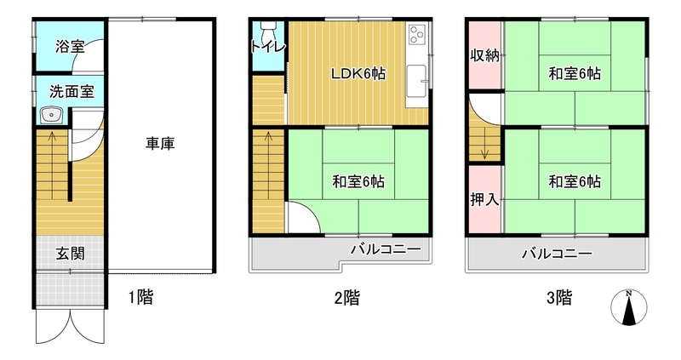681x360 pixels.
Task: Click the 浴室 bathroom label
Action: (x=70, y=47)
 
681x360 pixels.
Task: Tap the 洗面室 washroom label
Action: (x=72, y=92)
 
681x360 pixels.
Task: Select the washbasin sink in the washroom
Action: (x=52, y=116)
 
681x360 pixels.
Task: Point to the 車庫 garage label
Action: (x=160, y=143)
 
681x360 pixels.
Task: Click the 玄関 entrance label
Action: (x=70, y=254)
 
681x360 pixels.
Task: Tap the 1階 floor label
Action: (x=140, y=298)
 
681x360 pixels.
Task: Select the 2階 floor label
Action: (x=347, y=298)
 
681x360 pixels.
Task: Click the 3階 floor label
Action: (x=559, y=298)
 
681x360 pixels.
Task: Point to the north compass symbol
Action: (x=628, y=307)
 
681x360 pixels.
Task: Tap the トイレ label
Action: (x=269, y=47)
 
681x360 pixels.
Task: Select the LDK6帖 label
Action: (x=358, y=74)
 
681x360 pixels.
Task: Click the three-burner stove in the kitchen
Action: (x=417, y=34)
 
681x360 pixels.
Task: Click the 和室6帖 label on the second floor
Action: (x=358, y=181)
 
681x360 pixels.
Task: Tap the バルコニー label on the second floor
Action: (x=386, y=249)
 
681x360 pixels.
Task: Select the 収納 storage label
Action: (x=484, y=55)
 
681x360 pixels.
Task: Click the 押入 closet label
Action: (x=484, y=199)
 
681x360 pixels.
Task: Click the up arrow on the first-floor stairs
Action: (x=52, y=165)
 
